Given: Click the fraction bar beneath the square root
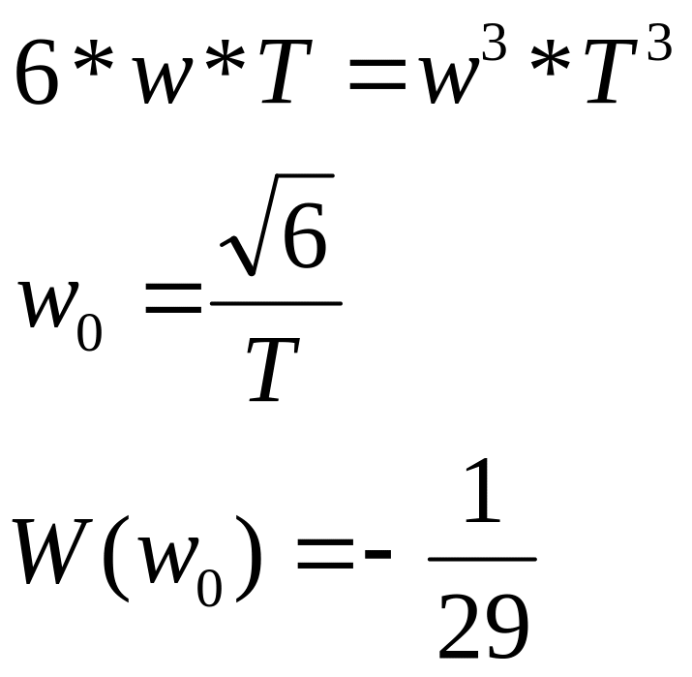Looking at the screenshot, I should (276, 303).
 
